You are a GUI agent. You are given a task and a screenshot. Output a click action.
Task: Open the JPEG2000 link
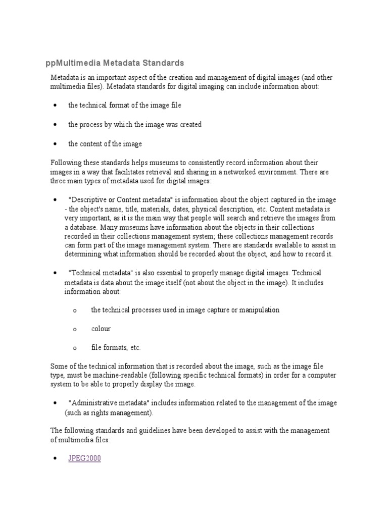pyautogui.click(x=84, y=459)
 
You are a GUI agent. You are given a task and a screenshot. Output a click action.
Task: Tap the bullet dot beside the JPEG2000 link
pyautogui.click(x=55, y=459)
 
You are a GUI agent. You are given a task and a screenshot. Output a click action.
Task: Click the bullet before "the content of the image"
pyautogui.click(x=55, y=144)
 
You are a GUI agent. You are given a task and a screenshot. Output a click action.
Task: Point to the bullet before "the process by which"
pyautogui.click(x=55, y=125)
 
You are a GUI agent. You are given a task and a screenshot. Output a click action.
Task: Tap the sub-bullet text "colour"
pyautogui.click(x=101, y=329)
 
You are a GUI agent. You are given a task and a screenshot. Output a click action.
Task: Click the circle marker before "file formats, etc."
pyautogui.click(x=74, y=348)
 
